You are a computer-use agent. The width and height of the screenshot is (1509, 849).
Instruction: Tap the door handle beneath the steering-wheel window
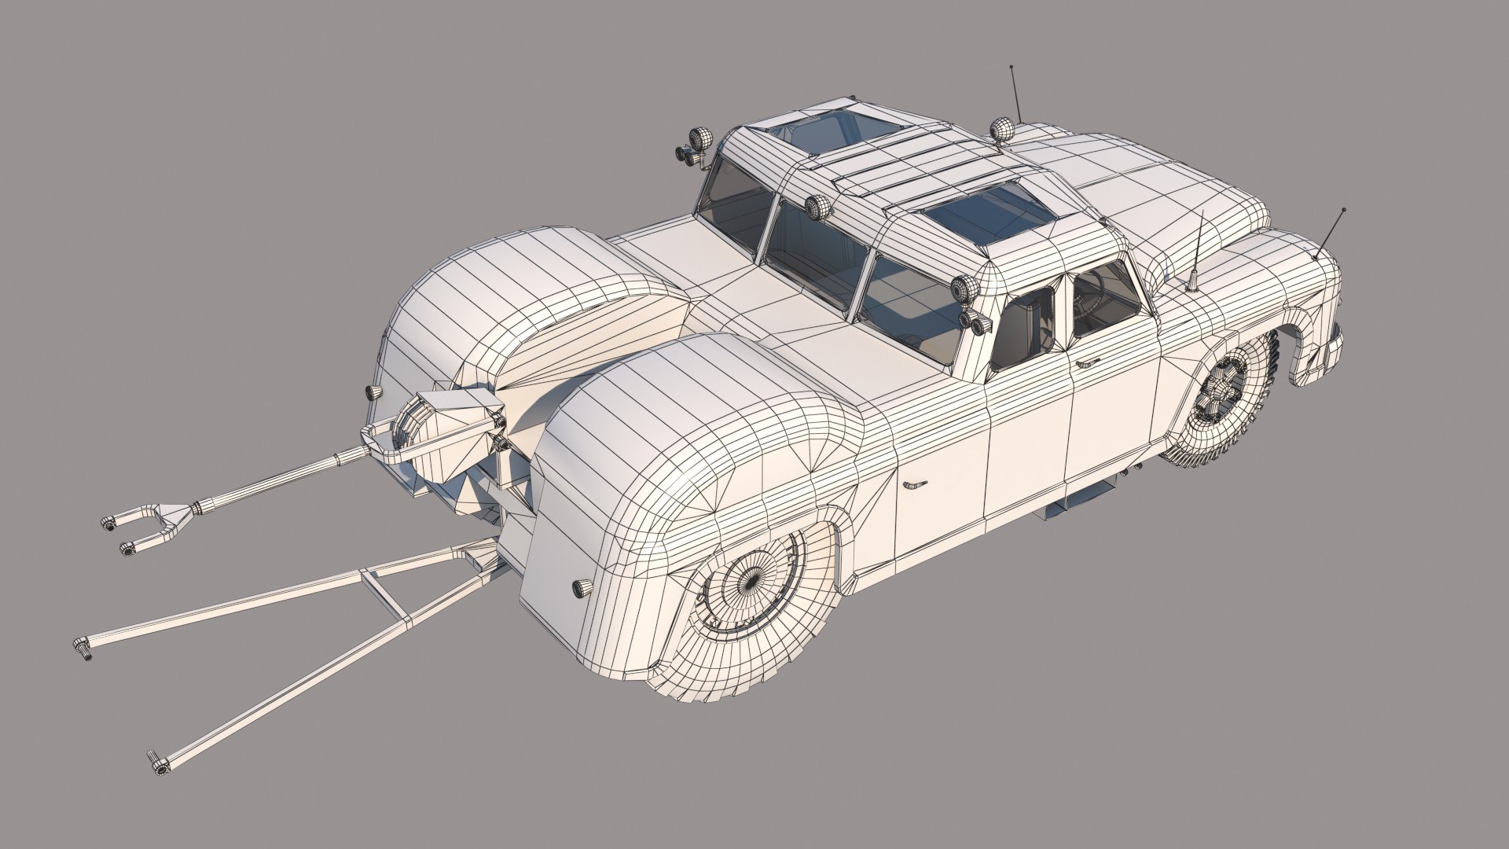coord(1086,362)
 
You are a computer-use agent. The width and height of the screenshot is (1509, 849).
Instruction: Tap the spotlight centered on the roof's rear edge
coord(818,207)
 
